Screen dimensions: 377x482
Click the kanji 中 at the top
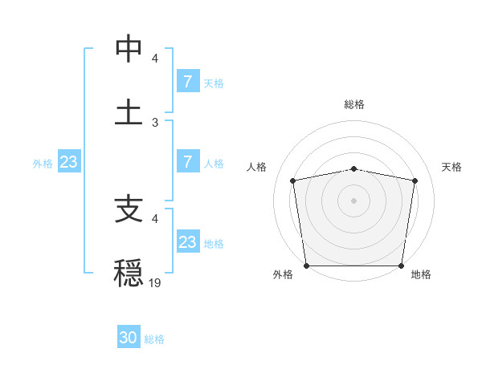coord(129,50)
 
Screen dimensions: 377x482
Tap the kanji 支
coord(129,210)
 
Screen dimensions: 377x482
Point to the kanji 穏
coord(129,273)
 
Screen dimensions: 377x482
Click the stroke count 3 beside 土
coord(155,122)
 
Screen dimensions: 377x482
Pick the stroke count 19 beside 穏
coord(155,282)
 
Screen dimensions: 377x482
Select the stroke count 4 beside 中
coord(155,59)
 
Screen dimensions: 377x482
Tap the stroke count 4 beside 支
coord(155,218)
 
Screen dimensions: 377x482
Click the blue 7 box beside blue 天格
coord(187,82)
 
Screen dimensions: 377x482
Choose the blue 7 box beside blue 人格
coord(187,162)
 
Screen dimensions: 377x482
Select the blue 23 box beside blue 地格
coord(187,242)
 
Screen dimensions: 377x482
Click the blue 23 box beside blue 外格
coord(69,162)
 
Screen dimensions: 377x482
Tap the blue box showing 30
coord(129,338)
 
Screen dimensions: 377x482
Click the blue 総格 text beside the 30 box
coord(154,339)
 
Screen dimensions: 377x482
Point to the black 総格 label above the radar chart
coord(354,104)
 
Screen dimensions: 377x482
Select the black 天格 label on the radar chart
coord(451,167)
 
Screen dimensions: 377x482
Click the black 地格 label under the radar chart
coord(421,274)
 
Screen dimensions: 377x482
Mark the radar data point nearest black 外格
coord(306,266)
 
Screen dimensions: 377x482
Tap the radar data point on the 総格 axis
coord(354,168)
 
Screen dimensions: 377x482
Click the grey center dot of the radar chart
coord(354,200)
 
